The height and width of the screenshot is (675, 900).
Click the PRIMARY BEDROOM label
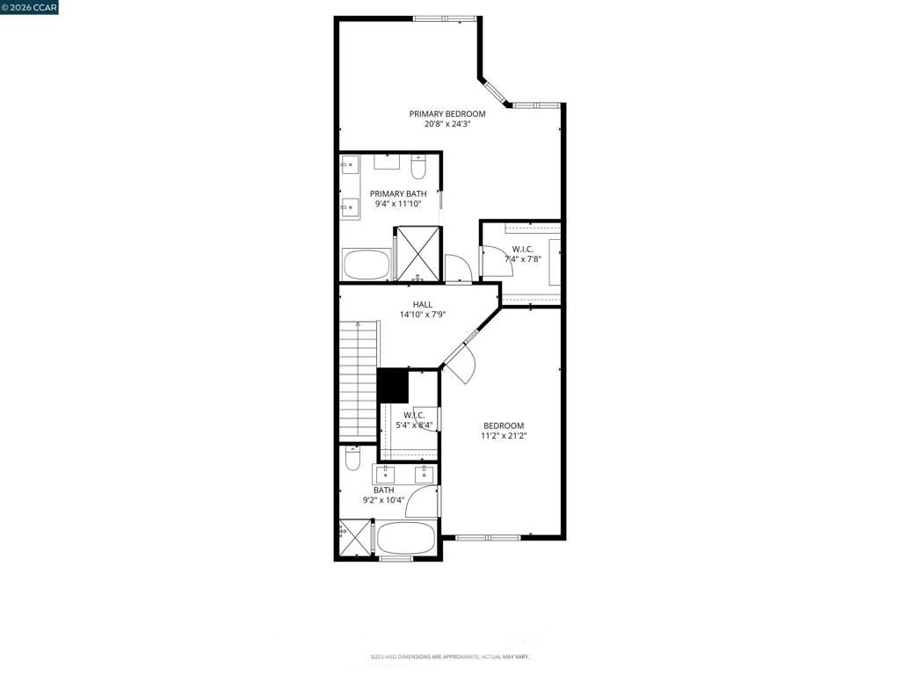(447, 113)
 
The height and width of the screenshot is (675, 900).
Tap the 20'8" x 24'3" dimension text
(447, 125)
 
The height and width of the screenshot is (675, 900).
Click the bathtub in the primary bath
(367, 265)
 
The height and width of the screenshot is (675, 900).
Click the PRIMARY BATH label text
(398, 193)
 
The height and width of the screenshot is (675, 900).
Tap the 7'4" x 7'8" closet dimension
(523, 259)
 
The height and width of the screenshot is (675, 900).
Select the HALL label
(423, 304)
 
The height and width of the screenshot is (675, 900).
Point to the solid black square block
(393, 385)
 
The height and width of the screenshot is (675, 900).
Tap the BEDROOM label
(504, 425)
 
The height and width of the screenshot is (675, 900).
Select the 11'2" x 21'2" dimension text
(504, 436)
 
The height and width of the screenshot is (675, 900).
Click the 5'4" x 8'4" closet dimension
(414, 425)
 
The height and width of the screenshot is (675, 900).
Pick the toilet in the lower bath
(352, 458)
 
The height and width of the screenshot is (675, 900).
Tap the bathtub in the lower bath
(406, 538)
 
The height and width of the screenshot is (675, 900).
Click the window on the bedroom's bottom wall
(489, 537)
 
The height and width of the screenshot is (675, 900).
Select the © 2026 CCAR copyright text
(30, 7)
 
